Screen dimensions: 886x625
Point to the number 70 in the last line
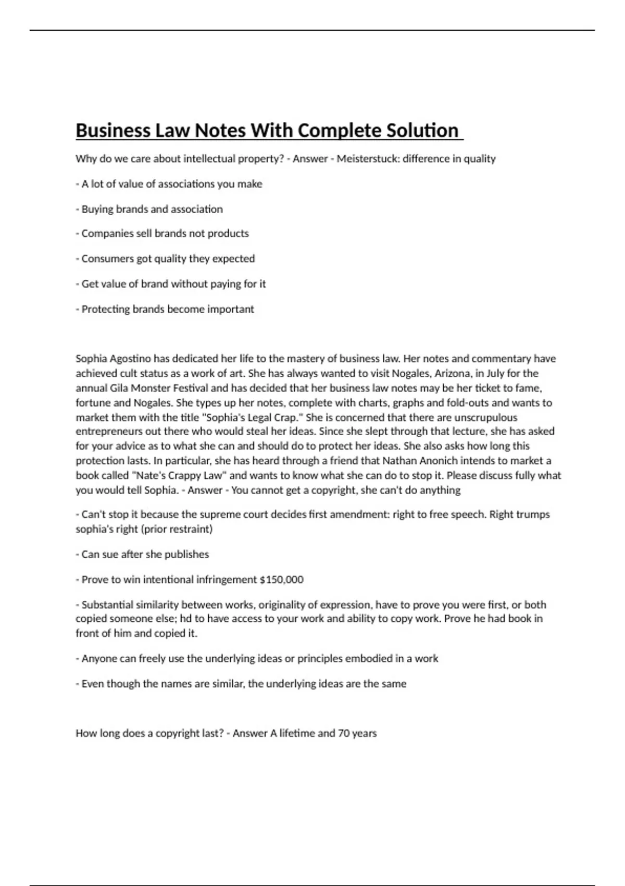point(343,733)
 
